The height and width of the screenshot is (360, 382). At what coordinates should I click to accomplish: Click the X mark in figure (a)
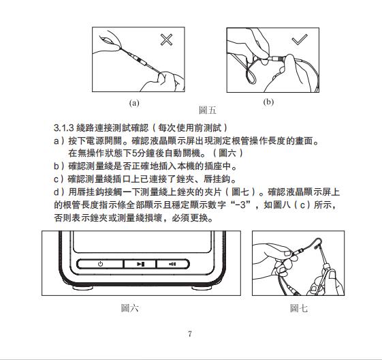(166, 40)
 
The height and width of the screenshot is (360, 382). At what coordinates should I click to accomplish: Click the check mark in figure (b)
(300, 40)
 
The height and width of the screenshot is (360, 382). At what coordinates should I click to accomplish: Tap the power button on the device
(100, 264)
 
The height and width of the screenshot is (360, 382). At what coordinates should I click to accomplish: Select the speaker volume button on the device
(172, 264)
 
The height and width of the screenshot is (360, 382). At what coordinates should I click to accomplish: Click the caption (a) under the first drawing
(134, 103)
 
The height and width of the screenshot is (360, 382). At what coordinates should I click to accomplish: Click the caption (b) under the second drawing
(268, 102)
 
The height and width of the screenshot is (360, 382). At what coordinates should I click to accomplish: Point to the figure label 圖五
(208, 110)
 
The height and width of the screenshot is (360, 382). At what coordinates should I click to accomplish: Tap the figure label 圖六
(130, 308)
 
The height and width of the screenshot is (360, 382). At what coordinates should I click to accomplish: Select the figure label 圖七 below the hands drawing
(299, 308)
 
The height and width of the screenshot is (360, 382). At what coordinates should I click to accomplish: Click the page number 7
(190, 333)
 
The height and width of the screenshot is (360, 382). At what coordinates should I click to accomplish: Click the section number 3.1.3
(63, 127)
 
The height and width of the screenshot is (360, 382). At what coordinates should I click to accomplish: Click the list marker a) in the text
(59, 140)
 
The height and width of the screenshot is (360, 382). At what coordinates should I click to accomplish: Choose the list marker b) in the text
(59, 166)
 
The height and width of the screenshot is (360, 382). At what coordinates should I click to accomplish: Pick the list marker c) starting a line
(59, 179)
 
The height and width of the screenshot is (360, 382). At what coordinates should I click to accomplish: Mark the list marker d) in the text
(59, 192)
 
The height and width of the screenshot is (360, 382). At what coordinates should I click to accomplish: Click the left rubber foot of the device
(82, 288)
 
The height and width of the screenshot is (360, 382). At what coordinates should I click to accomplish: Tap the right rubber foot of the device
(202, 288)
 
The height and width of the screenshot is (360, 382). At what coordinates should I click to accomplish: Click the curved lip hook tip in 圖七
(316, 248)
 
